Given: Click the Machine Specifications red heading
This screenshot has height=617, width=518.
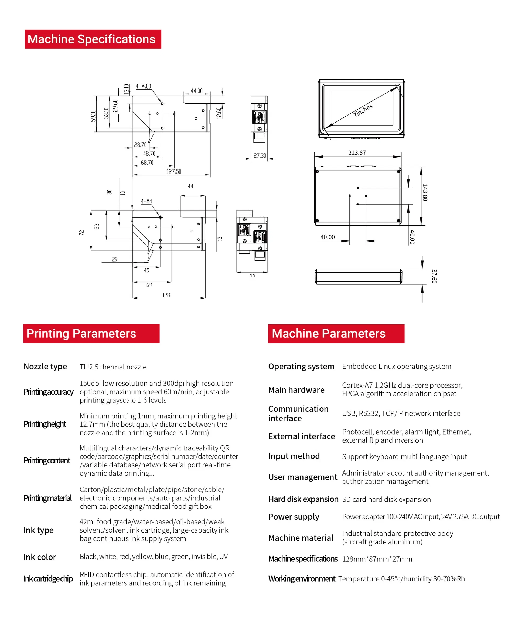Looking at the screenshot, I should pos(93,39).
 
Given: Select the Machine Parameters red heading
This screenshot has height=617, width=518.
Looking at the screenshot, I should pos(336,334).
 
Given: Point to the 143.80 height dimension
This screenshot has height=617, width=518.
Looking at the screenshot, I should pos(425,192).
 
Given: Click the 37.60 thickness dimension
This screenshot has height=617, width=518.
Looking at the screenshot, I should pos(434,276).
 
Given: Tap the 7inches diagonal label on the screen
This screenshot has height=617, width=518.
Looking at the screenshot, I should pos(363,110).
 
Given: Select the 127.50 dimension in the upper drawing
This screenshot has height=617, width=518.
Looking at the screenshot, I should pos(174,171).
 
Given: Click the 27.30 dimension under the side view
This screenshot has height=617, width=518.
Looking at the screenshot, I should pos(260,155).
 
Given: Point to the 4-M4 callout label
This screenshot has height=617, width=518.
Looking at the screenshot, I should pos(146,201).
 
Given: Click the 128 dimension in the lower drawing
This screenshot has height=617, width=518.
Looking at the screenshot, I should pos(166,295).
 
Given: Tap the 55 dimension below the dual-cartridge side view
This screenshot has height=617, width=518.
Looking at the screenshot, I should pos(252,275).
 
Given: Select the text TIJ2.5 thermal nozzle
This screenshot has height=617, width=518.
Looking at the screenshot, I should pos(113,367).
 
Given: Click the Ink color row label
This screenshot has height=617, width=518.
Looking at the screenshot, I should pos(40,557).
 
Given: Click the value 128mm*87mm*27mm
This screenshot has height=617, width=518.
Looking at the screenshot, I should pos(377,559).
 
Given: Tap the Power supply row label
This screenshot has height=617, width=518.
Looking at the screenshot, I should pos(294,517).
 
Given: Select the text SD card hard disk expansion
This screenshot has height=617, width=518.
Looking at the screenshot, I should pos(386,500).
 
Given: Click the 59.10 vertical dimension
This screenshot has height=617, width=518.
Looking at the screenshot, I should pos(93,116).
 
